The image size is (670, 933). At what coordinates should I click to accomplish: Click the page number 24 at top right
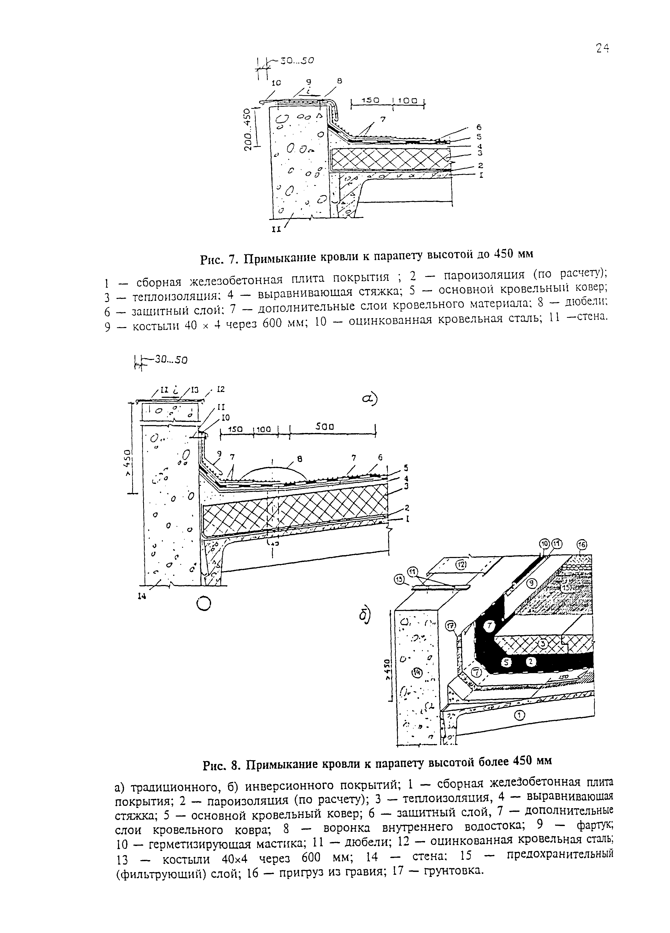(x=602, y=49)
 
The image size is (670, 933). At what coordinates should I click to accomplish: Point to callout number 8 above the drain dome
(x=299, y=457)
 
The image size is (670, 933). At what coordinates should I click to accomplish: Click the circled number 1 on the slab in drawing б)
(x=519, y=716)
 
